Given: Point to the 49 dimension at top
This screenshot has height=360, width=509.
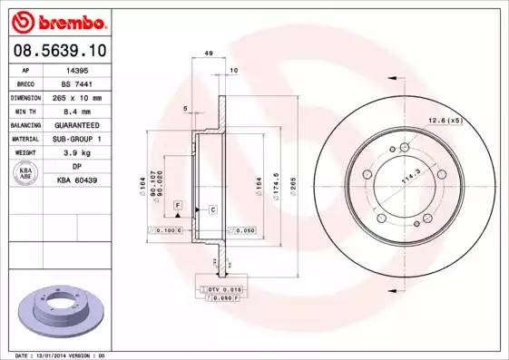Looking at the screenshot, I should [x=209, y=54].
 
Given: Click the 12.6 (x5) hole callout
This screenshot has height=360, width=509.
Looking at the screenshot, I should [x=445, y=120].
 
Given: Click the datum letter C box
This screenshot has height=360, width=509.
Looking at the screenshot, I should [x=211, y=209].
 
